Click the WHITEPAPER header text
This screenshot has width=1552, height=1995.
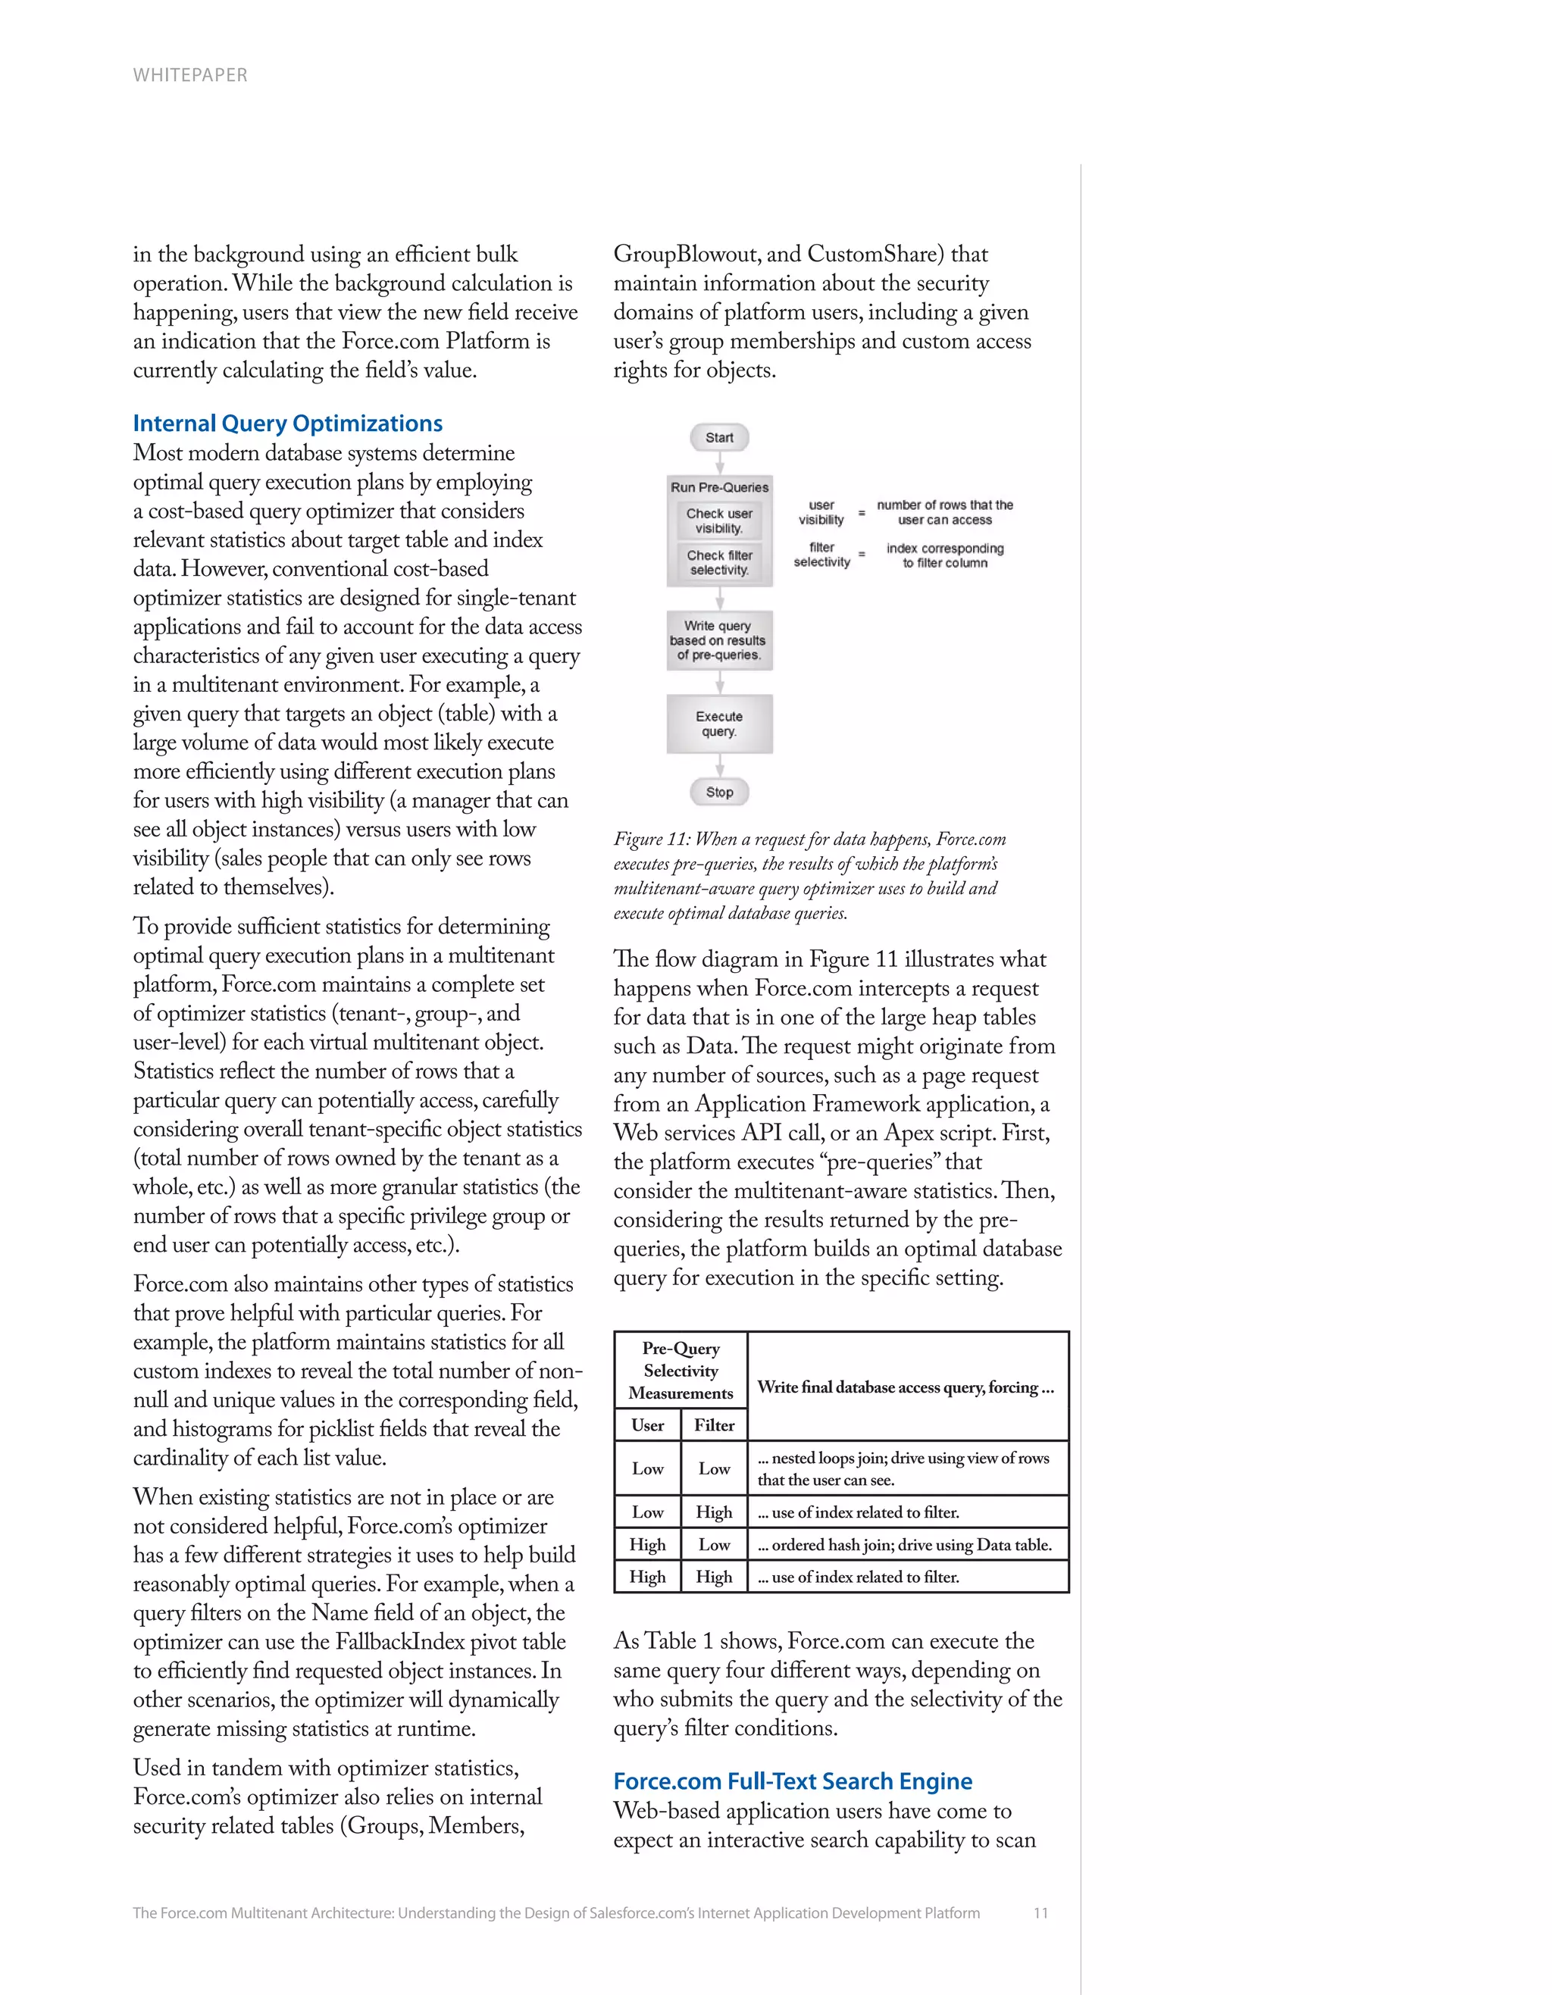pos(190,75)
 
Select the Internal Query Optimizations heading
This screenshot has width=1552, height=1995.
pos(288,424)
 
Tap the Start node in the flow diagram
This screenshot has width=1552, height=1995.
pos(719,437)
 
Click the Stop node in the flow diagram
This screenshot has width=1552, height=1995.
pos(719,792)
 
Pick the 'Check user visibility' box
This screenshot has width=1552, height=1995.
pos(719,521)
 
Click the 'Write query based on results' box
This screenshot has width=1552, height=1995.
pos(719,640)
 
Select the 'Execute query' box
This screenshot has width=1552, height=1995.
pos(719,724)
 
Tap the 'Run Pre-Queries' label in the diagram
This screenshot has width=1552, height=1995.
pos(719,488)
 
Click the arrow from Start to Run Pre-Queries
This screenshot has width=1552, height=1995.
pos(720,463)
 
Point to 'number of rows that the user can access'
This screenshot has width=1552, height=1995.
pos(944,512)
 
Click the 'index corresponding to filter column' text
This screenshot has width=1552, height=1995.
pos(944,555)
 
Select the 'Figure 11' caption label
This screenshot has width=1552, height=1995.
pos(651,840)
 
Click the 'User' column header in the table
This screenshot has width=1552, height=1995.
pos(648,1425)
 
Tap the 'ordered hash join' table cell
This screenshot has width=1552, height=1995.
pos(904,1545)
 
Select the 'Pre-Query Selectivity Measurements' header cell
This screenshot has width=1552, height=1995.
pos(681,1370)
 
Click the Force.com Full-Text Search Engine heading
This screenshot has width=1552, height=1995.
pos(792,1781)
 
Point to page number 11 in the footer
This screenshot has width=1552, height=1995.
pos(1040,1912)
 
